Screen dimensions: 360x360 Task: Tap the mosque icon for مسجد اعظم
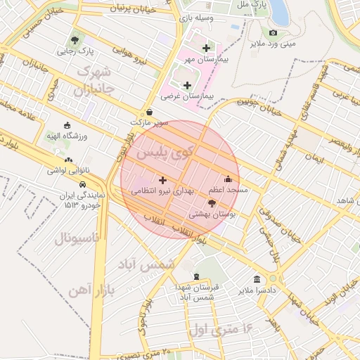(227, 179)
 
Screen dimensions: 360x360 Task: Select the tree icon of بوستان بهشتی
(212, 202)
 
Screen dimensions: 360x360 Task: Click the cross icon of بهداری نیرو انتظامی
(162, 180)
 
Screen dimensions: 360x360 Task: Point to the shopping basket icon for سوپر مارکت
(149, 112)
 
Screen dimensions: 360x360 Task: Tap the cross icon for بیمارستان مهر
(206, 49)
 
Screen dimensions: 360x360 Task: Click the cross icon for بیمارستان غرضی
(187, 85)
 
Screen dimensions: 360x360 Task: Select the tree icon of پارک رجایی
(75, 40)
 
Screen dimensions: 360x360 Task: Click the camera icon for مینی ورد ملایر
(273, 32)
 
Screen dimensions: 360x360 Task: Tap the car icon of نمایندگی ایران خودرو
(84, 185)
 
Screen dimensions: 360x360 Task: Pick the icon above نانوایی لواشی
(57, 159)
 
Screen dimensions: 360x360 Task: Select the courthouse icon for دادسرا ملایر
(257, 278)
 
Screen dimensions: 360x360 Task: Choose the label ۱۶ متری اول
(221, 328)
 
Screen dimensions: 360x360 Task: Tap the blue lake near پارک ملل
(279, 13)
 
